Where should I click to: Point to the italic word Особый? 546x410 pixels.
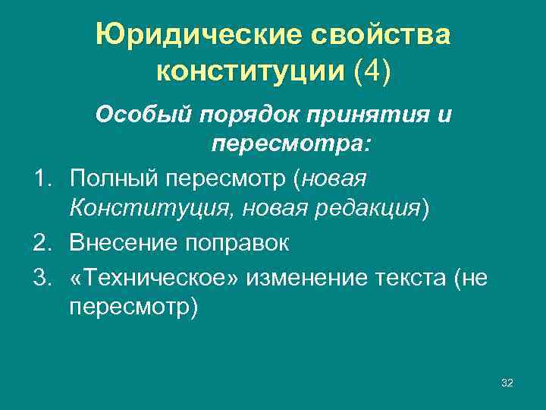[143, 116]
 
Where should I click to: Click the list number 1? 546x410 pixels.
[42, 178]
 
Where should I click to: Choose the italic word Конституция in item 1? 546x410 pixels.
[137, 207]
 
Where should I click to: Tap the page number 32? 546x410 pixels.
[507, 383]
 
